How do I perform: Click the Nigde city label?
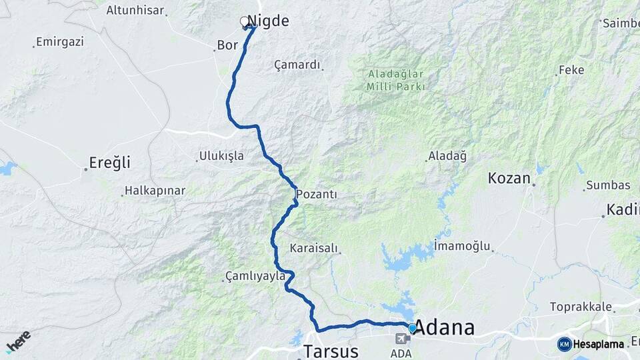click(268, 21)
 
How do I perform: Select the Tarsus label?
click(331, 351)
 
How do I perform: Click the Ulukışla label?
click(221, 157)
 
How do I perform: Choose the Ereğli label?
click(109, 162)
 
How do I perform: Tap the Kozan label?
click(509, 178)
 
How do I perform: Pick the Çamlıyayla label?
click(255, 276)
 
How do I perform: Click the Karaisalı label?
click(314, 248)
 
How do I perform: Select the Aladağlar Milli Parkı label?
click(396, 80)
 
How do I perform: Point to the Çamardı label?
click(297, 65)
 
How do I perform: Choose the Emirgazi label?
click(60, 42)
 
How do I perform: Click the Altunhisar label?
click(139, 11)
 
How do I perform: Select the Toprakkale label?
click(580, 307)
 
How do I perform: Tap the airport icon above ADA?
click(402, 339)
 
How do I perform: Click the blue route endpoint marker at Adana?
click(412, 328)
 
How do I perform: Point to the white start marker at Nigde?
click(245, 21)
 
